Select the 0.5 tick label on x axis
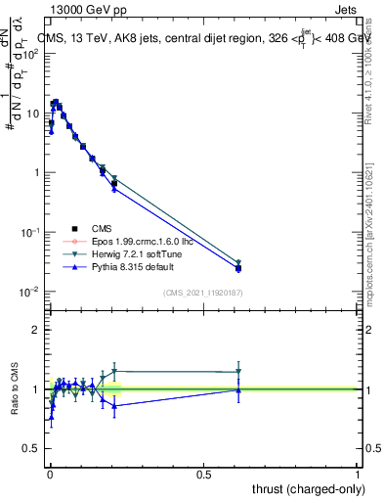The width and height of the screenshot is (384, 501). [x=203, y=474]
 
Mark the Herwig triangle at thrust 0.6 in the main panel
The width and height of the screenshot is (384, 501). [x=238, y=263]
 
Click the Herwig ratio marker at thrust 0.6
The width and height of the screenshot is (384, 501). [x=238, y=372]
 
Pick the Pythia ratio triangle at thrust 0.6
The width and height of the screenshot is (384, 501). [x=238, y=389]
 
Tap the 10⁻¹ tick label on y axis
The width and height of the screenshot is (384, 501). [x=29, y=233]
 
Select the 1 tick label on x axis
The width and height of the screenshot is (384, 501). [x=358, y=474]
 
